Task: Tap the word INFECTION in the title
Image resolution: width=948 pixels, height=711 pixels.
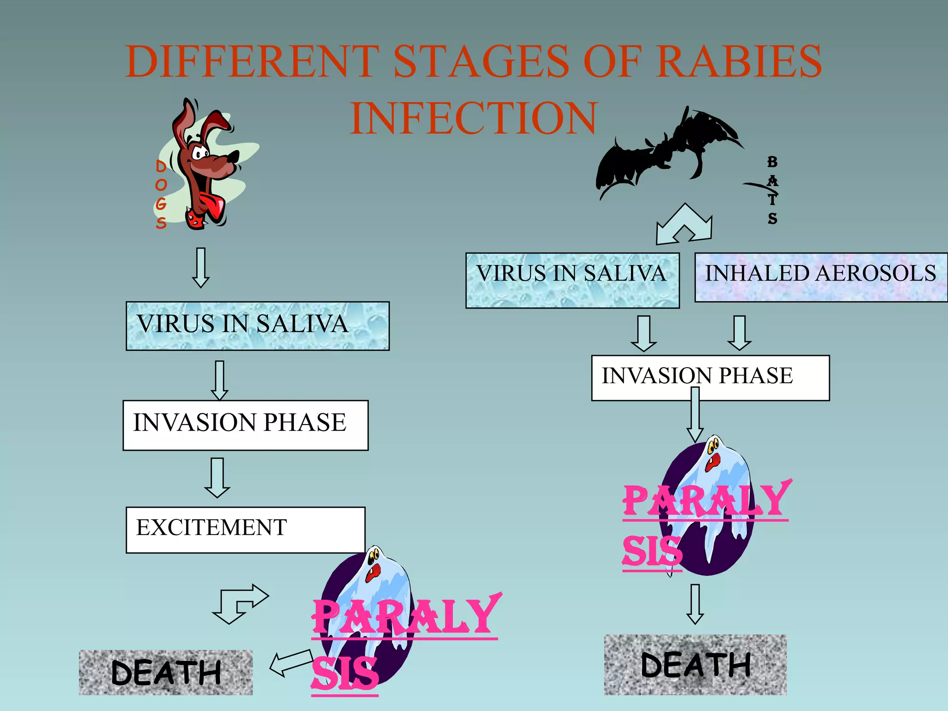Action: [x=474, y=118]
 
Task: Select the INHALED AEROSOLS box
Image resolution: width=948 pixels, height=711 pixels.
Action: [x=820, y=277]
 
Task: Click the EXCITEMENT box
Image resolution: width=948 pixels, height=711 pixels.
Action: [x=245, y=530]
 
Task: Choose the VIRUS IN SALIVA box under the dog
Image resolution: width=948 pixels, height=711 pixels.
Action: [x=257, y=326]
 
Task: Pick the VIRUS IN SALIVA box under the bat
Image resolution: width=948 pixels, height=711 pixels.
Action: [x=572, y=280]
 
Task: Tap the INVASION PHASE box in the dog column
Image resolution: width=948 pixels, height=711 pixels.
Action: [x=245, y=425]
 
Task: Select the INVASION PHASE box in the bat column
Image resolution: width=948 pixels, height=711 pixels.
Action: [x=710, y=378]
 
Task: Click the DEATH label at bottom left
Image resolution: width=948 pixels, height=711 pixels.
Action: [x=166, y=672]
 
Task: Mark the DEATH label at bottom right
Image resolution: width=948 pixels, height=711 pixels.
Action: [x=695, y=665]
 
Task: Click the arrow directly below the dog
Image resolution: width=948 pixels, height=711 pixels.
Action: [x=201, y=268]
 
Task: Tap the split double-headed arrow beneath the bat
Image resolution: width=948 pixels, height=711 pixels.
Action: [x=684, y=224]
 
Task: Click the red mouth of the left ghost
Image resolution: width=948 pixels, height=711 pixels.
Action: [x=373, y=572]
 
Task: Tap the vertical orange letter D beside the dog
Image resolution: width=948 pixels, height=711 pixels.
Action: [x=161, y=166]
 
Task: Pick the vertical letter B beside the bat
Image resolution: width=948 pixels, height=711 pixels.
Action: [x=772, y=162]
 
